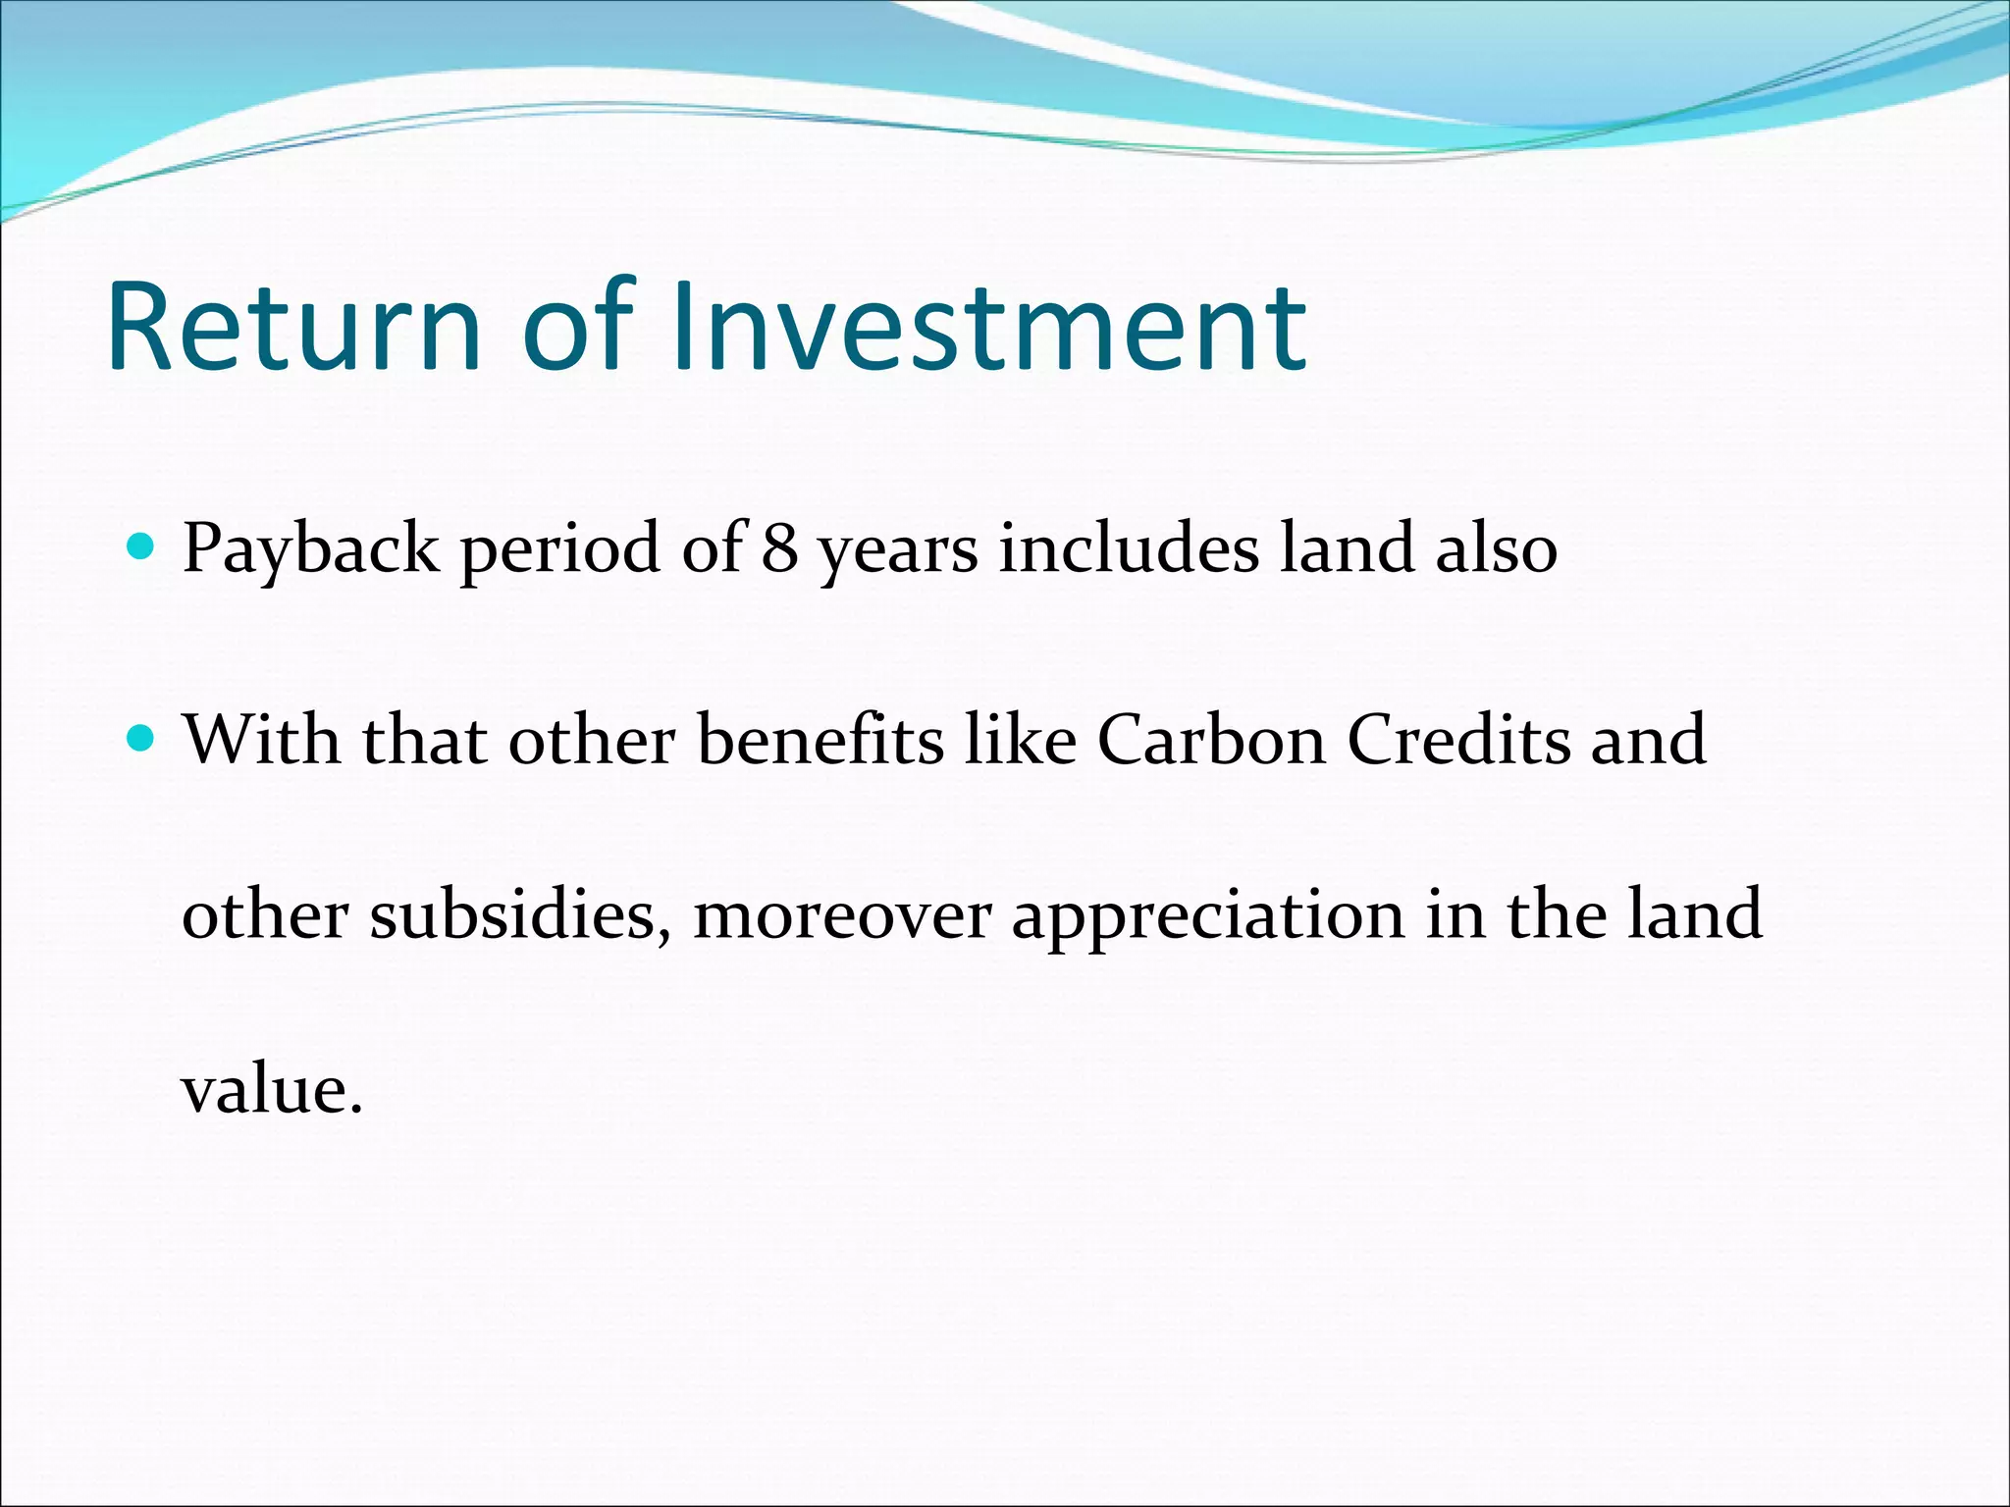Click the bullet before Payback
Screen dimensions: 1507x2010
click(141, 545)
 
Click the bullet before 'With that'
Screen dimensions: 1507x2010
click(141, 737)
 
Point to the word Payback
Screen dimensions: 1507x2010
click(310, 549)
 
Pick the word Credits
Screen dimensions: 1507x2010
click(1458, 740)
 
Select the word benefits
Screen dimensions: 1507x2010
click(820, 740)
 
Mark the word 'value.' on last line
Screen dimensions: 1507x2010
click(272, 1090)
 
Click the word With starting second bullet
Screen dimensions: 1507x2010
click(262, 740)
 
